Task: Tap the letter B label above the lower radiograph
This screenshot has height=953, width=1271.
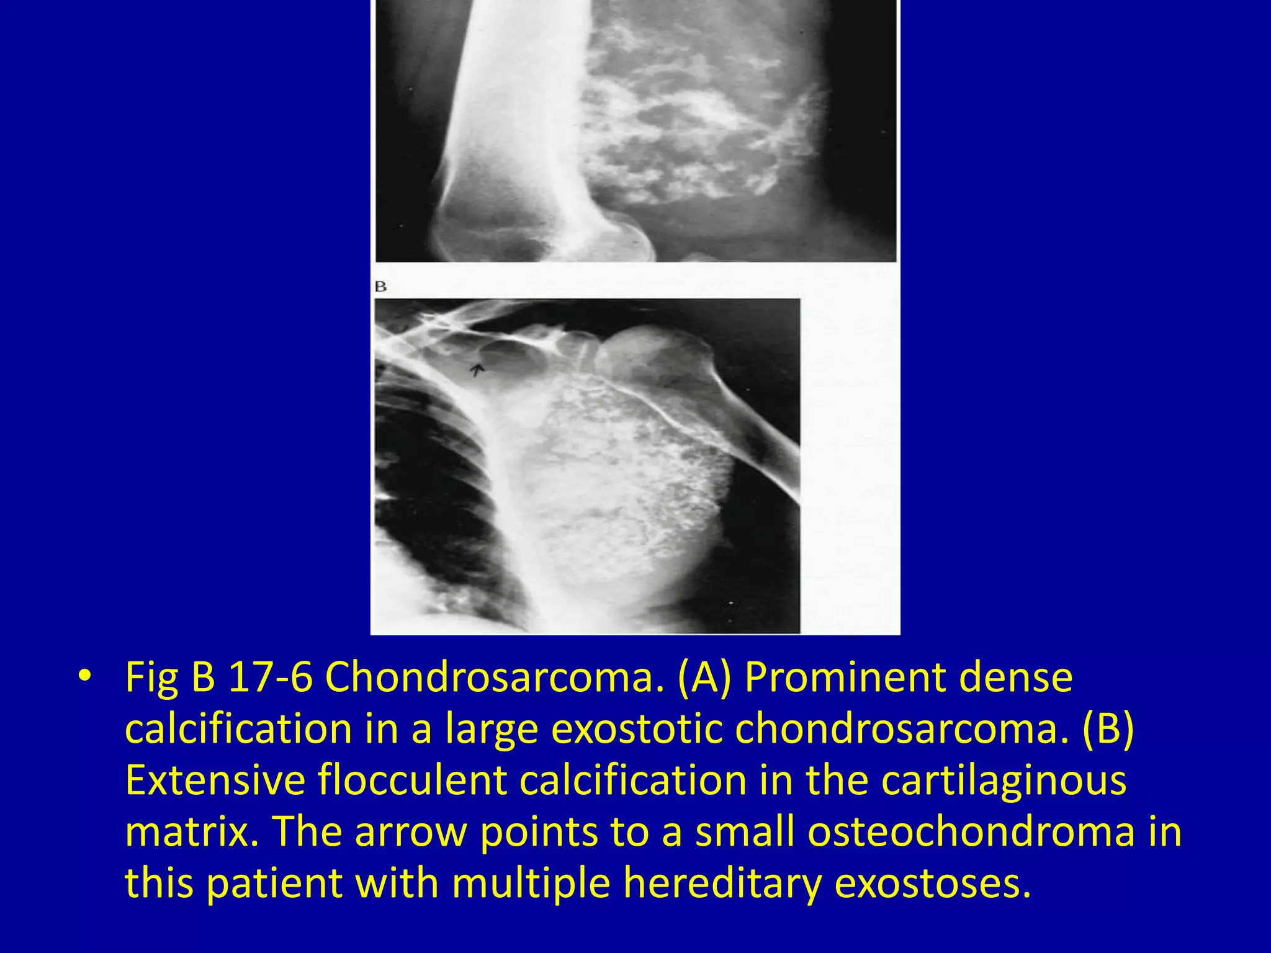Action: tap(380, 287)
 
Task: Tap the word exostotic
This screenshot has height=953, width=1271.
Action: tap(637, 729)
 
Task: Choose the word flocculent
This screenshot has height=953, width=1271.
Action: tap(413, 781)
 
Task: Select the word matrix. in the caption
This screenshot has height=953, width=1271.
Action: tap(192, 832)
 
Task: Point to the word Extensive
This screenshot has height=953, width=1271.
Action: tap(215, 781)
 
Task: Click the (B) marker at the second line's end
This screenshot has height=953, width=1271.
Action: tap(1108, 729)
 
